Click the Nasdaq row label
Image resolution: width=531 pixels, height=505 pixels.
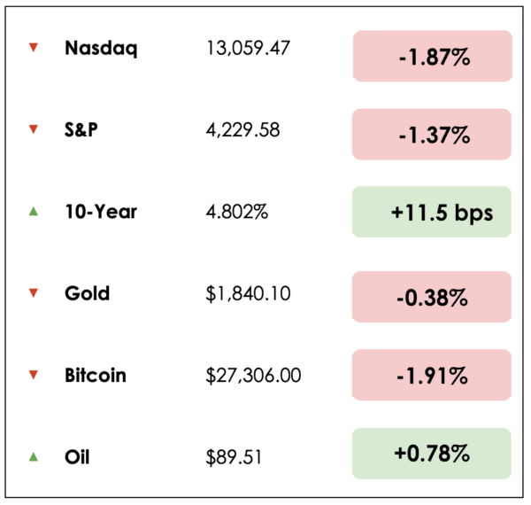tap(101, 48)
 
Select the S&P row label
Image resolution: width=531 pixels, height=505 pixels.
tap(81, 130)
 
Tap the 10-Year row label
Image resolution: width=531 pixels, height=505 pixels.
tap(100, 212)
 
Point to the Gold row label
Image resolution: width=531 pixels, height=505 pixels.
tap(87, 293)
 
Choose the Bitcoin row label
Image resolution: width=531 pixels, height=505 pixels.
tap(96, 375)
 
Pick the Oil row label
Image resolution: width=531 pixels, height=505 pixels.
tap(77, 457)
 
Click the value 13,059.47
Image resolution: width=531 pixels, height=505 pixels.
tap(248, 49)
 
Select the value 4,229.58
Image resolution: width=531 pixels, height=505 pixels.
tap(242, 130)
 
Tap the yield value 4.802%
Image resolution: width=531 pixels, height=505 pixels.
tap(236, 212)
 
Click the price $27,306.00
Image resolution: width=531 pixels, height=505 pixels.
tap(252, 375)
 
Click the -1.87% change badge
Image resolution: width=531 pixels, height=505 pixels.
tap(432, 57)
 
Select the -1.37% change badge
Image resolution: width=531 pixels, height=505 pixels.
tap(432, 135)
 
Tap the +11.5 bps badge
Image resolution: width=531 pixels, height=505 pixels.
tap(432, 212)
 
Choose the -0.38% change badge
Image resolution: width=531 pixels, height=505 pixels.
tap(432, 297)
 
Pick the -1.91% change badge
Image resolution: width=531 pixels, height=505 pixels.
tap(432, 375)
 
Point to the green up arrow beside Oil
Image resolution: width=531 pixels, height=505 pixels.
tap(34, 457)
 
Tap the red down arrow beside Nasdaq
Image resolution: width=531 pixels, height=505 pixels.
tap(34, 48)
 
